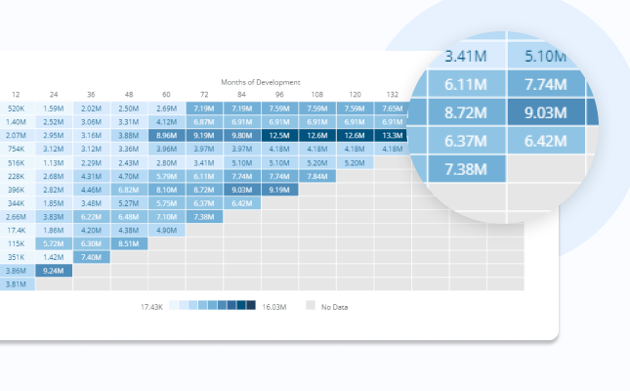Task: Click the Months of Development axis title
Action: (261, 82)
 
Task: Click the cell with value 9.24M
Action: (54, 270)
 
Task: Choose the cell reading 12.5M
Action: (278, 135)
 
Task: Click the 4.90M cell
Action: (165, 230)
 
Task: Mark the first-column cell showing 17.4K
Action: (17, 230)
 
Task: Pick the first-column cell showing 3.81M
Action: (17, 283)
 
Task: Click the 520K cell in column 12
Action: (17, 109)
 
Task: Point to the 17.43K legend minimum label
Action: (151, 306)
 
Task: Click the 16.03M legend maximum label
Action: (276, 306)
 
